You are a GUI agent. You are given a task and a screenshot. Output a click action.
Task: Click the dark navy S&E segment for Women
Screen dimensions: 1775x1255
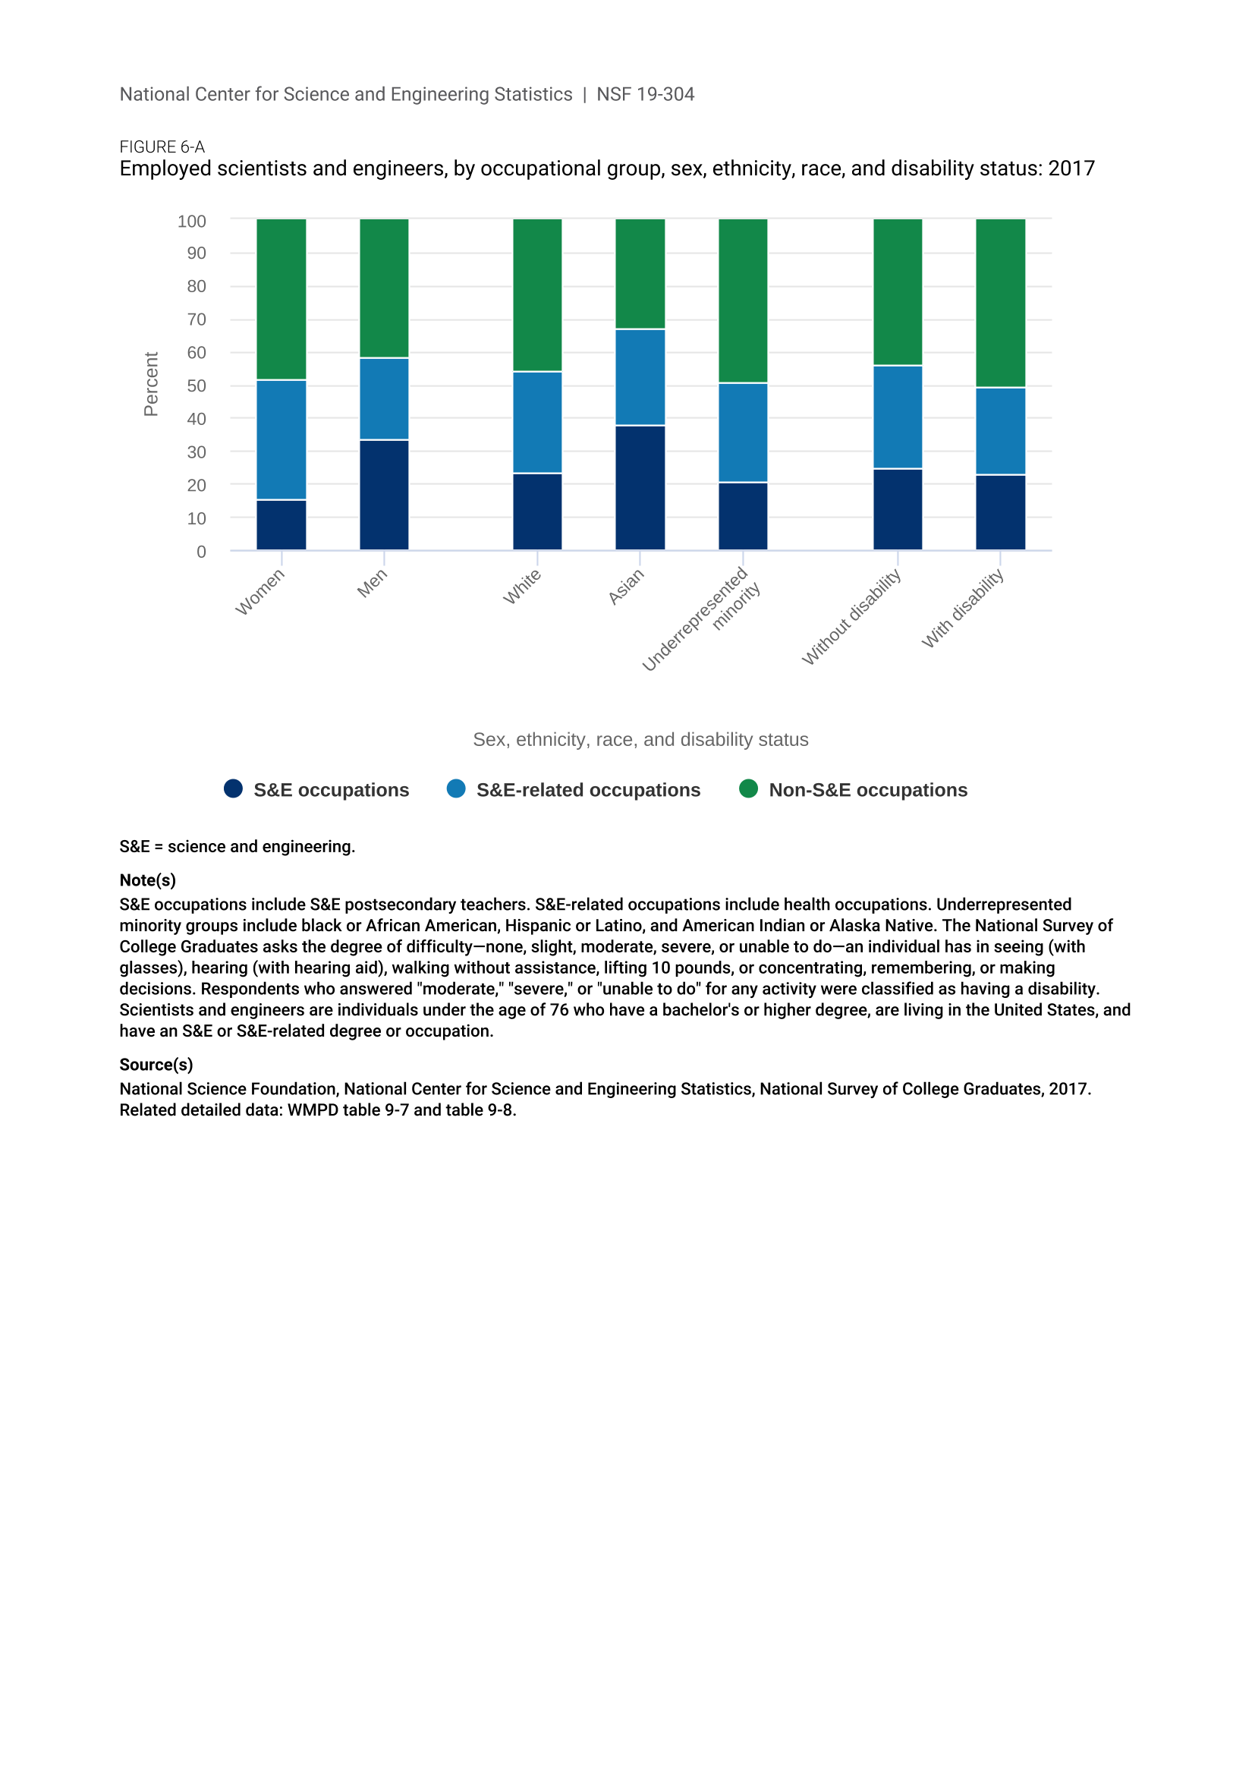coord(282,525)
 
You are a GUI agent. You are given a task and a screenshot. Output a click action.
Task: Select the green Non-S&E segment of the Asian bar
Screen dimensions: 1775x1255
coord(640,274)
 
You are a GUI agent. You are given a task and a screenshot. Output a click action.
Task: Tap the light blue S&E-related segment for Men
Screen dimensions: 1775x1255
coord(384,399)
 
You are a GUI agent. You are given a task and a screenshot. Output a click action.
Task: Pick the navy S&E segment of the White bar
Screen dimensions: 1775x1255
coord(537,511)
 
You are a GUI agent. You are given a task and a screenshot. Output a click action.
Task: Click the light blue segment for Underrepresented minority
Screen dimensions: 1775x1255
coord(743,432)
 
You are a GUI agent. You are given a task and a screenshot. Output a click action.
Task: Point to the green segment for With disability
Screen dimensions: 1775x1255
coord(1000,303)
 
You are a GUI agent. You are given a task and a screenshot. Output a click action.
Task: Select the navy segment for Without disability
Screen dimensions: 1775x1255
coord(897,508)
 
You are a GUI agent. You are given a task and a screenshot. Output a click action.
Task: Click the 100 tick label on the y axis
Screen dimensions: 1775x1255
coord(192,221)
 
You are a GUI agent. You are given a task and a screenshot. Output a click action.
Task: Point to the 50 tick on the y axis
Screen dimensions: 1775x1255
coord(197,386)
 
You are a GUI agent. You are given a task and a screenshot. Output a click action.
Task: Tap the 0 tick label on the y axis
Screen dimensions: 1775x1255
coord(201,552)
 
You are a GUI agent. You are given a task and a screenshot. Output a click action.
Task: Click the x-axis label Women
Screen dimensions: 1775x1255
coord(260,592)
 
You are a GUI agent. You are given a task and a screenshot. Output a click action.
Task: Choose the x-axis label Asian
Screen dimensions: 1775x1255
coord(626,587)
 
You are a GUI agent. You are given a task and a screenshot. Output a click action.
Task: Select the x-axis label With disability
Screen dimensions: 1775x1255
coord(963,609)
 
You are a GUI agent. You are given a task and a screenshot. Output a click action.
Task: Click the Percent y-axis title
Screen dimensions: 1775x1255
coord(151,384)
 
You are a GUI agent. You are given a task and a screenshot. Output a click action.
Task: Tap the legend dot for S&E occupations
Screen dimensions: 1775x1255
coord(234,788)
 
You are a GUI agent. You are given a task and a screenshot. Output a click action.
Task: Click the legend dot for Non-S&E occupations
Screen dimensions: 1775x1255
coord(748,788)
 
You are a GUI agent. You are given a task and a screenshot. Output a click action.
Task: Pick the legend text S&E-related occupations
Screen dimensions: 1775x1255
coord(588,790)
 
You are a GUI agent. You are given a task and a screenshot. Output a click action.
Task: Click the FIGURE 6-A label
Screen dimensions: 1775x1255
coord(162,147)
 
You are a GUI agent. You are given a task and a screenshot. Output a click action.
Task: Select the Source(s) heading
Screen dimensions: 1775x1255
coord(156,1065)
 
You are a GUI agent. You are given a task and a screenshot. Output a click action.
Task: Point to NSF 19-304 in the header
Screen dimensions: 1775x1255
coord(645,94)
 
